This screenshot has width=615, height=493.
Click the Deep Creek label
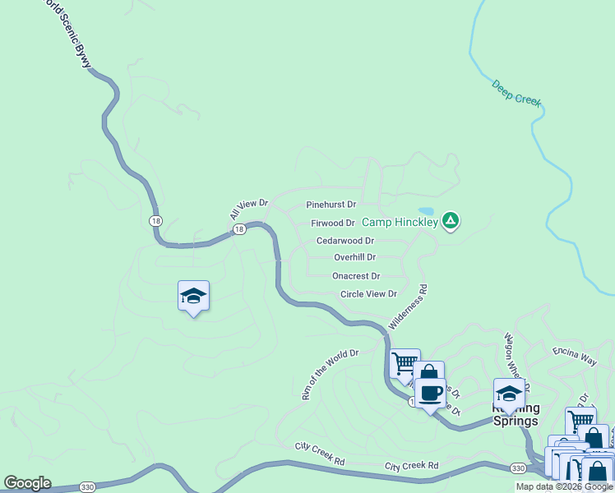(516, 92)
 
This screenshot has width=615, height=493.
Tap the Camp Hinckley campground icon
(450, 221)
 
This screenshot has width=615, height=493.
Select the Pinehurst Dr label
(331, 204)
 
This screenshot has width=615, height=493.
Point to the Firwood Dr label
(333, 223)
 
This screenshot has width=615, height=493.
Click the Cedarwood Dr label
(345, 241)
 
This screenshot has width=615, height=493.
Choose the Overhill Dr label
(354, 257)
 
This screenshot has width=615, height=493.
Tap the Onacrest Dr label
(356, 276)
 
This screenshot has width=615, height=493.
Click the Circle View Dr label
(368, 293)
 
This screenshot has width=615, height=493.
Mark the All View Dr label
(248, 209)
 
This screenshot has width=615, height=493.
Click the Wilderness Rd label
(409, 306)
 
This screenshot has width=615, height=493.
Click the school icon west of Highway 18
(193, 296)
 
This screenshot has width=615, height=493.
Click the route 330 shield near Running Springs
(517, 468)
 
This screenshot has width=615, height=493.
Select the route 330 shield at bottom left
(87, 486)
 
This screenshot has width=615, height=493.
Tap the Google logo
(27, 483)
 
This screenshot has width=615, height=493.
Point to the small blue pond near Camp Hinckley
(425, 211)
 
